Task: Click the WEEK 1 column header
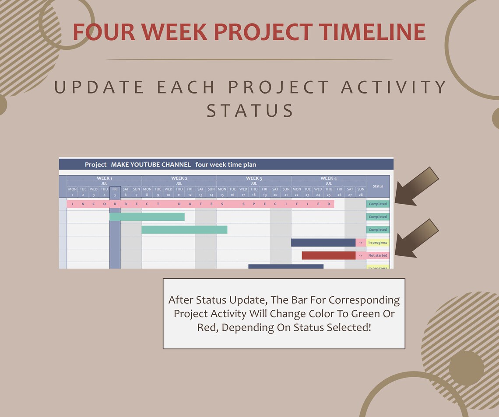pyautogui.click(x=104, y=178)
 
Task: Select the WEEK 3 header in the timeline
pyautogui.click(x=254, y=178)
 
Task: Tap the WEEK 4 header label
pyautogui.click(x=329, y=178)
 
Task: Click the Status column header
pyautogui.click(x=377, y=186)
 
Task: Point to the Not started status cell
pyautogui.click(x=377, y=255)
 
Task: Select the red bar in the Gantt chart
pyautogui.click(x=328, y=255)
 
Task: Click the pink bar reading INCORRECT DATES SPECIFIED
pyautogui.click(x=200, y=204)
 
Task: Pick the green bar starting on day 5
pyautogui.click(x=147, y=217)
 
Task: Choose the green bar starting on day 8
pyautogui.click(x=184, y=229)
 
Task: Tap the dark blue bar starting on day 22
pyautogui.click(x=323, y=243)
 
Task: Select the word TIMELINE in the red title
pyautogui.click(x=372, y=32)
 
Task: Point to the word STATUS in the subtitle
pyautogui.click(x=250, y=111)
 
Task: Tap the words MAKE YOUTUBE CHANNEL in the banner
pyautogui.click(x=151, y=165)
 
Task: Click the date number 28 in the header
pyautogui.click(x=361, y=195)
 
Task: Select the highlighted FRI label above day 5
pyautogui.click(x=115, y=189)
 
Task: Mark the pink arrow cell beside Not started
pyautogui.click(x=361, y=255)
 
